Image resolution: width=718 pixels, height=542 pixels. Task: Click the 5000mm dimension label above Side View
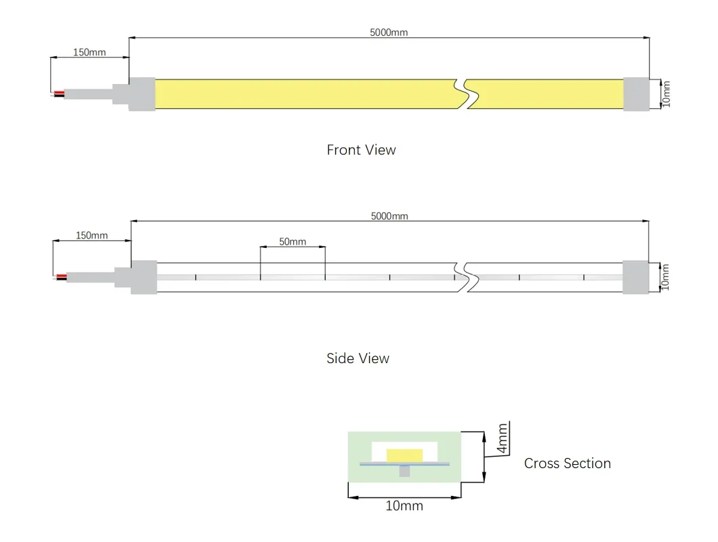[389, 216]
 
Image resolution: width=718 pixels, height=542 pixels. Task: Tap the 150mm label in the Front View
[89, 52]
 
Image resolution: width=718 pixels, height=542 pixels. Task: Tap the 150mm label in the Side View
[91, 235]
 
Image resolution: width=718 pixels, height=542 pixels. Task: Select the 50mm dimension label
[293, 241]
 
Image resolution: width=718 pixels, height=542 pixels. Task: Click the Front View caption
[361, 150]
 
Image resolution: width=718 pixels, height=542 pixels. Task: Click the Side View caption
[358, 358]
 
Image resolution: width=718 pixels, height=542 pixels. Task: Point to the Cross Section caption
[567, 463]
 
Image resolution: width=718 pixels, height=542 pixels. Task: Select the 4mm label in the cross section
[502, 439]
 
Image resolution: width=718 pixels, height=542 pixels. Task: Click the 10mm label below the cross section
[404, 506]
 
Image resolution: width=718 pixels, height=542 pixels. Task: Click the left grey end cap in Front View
[142, 93]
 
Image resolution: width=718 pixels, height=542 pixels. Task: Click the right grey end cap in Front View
[636, 93]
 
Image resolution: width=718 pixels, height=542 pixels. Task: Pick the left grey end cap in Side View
[144, 277]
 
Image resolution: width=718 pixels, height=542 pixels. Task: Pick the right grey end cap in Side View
[636, 277]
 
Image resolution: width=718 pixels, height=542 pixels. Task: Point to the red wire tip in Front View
[60, 92]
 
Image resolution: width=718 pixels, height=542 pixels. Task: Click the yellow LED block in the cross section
[404, 454]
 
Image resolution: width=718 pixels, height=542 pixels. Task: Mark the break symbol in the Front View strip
[465, 93]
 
